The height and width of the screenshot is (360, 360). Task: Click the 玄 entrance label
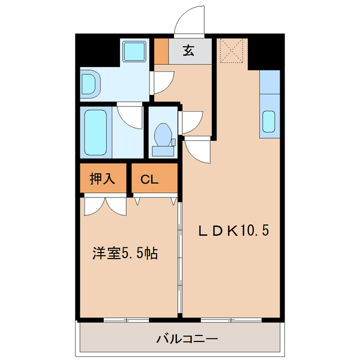(x=188, y=52)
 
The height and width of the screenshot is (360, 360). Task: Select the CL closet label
(x=149, y=179)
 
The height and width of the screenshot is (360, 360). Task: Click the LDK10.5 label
(x=230, y=230)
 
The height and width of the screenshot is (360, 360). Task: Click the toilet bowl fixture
(x=163, y=134)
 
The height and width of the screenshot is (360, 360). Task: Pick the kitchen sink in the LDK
(x=269, y=122)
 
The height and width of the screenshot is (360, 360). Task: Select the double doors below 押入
(x=106, y=205)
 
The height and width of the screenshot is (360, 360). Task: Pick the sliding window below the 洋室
(x=126, y=319)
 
